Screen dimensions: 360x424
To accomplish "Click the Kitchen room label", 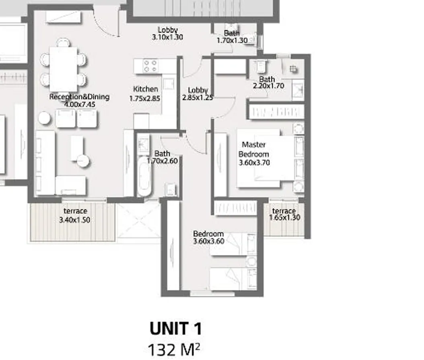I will [x=146, y=89].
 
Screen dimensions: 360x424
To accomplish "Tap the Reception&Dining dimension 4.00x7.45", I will [x=79, y=104].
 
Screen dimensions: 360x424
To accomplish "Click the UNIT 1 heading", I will [x=176, y=329].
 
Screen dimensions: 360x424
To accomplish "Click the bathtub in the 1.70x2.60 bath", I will [x=144, y=178].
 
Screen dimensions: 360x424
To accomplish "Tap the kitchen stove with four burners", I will [x=150, y=66].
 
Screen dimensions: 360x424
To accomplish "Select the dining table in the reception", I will [x=63, y=69].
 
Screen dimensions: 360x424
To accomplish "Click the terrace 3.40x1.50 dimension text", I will [x=74, y=220].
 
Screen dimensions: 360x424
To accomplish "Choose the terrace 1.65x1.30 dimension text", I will [x=284, y=218].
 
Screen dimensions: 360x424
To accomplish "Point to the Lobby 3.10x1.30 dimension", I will [x=167, y=37].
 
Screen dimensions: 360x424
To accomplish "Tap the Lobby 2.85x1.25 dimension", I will [x=198, y=97].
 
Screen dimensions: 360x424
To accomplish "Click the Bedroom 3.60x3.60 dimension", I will [x=209, y=241].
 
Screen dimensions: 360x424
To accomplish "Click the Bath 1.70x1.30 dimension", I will [x=232, y=40].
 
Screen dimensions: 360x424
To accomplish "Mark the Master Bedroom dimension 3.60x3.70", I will [x=254, y=163].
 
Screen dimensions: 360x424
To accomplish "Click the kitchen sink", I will [x=169, y=84].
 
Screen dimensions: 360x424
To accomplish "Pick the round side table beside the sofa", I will [x=45, y=118].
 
